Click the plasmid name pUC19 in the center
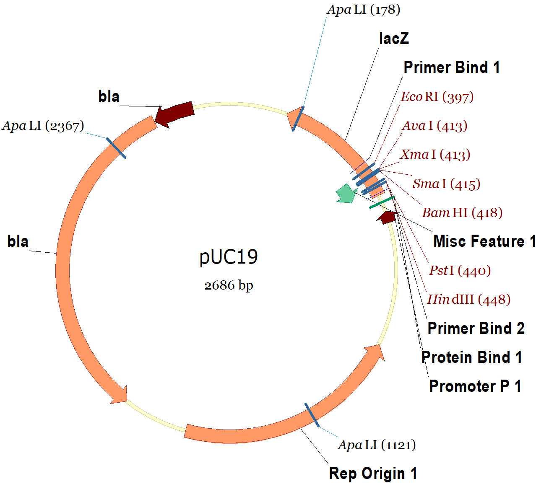(x=229, y=257)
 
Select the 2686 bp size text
(x=229, y=285)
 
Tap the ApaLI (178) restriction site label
(x=363, y=10)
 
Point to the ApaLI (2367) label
(x=43, y=126)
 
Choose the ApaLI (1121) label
(x=377, y=445)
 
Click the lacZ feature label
(x=393, y=39)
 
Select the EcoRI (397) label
(x=437, y=97)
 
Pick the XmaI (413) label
(x=435, y=155)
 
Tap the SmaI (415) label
(x=446, y=184)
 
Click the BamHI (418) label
(x=462, y=213)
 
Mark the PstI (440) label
(x=460, y=271)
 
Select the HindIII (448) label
(x=468, y=300)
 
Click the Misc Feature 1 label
(x=484, y=241)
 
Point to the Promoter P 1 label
(x=475, y=386)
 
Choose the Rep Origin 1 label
(x=373, y=473)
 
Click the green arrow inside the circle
(x=346, y=194)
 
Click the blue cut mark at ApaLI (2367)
(x=116, y=148)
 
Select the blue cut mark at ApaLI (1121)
(x=312, y=415)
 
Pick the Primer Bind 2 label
(x=476, y=328)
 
